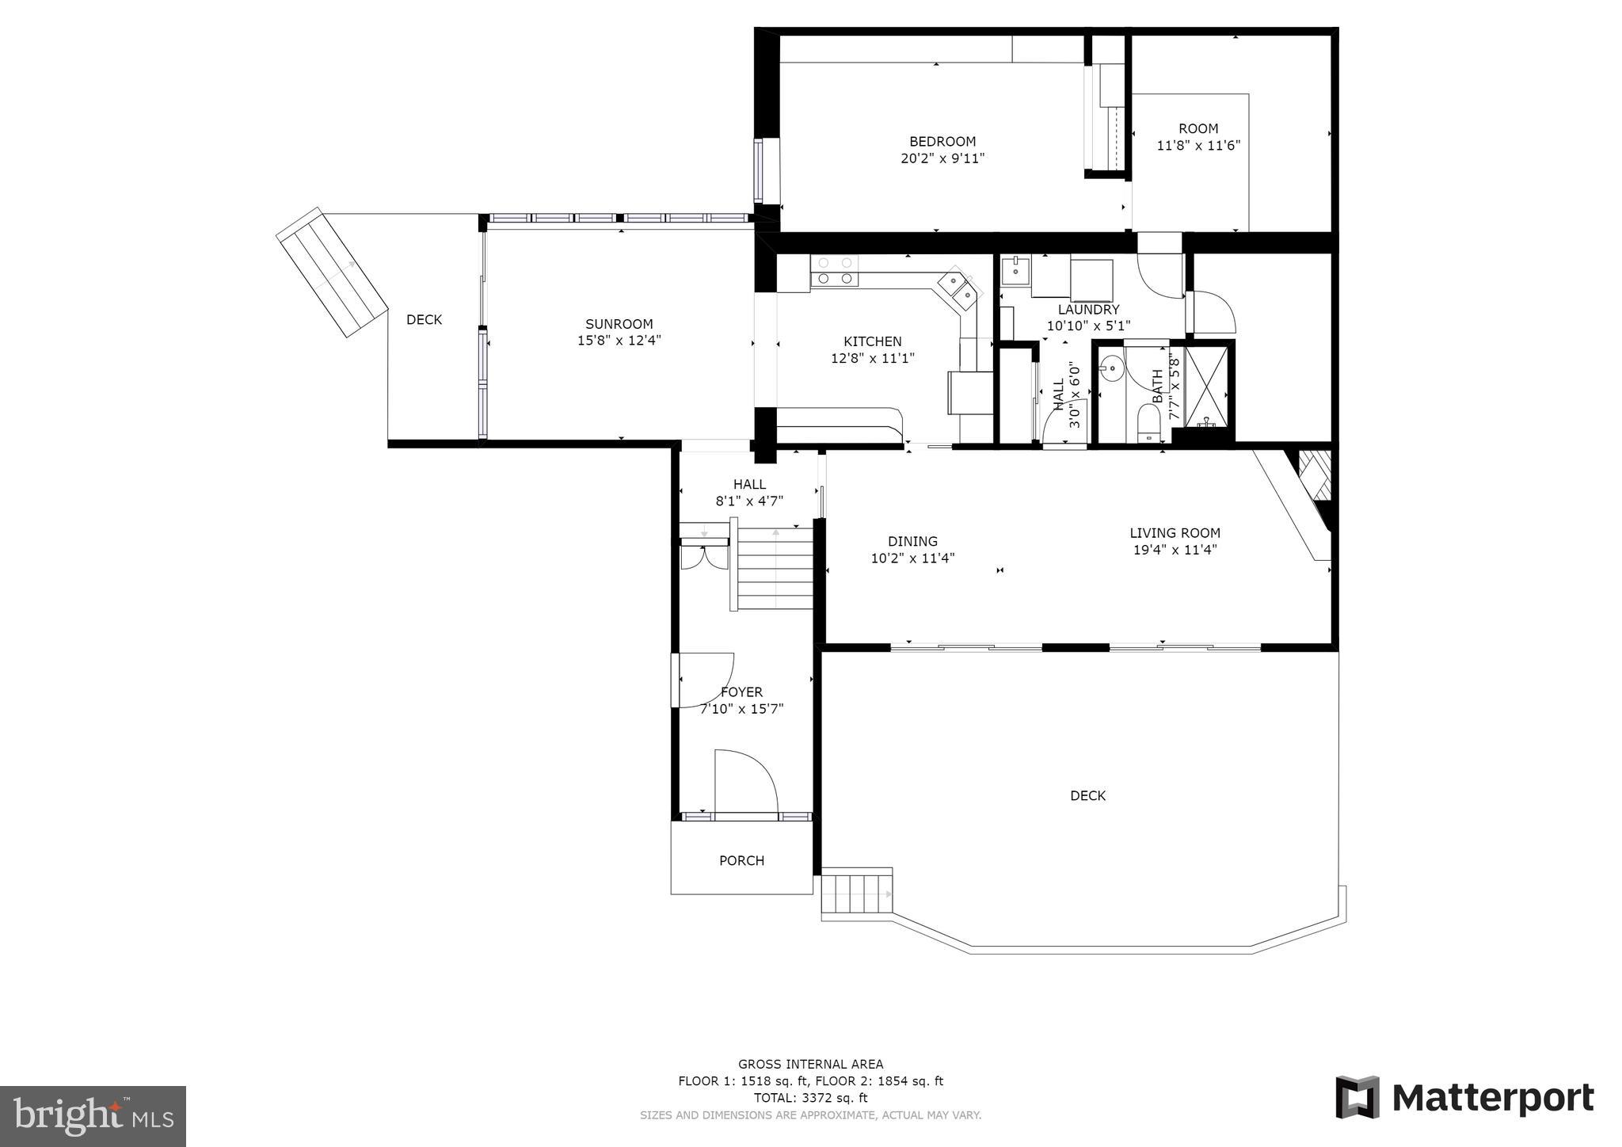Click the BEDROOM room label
[x=942, y=142]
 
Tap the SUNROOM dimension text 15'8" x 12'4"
[x=619, y=341]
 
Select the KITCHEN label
[x=872, y=341]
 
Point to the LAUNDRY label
[x=1088, y=310]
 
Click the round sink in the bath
[x=1112, y=368]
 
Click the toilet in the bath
[x=1148, y=423]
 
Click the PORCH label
[x=741, y=860]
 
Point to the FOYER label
[x=741, y=692]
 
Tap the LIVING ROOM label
[x=1174, y=533]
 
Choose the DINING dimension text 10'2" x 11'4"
[x=912, y=558]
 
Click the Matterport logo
[x=1464, y=1099]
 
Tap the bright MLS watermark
[x=93, y=1116]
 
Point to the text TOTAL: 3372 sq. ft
[x=810, y=1098]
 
